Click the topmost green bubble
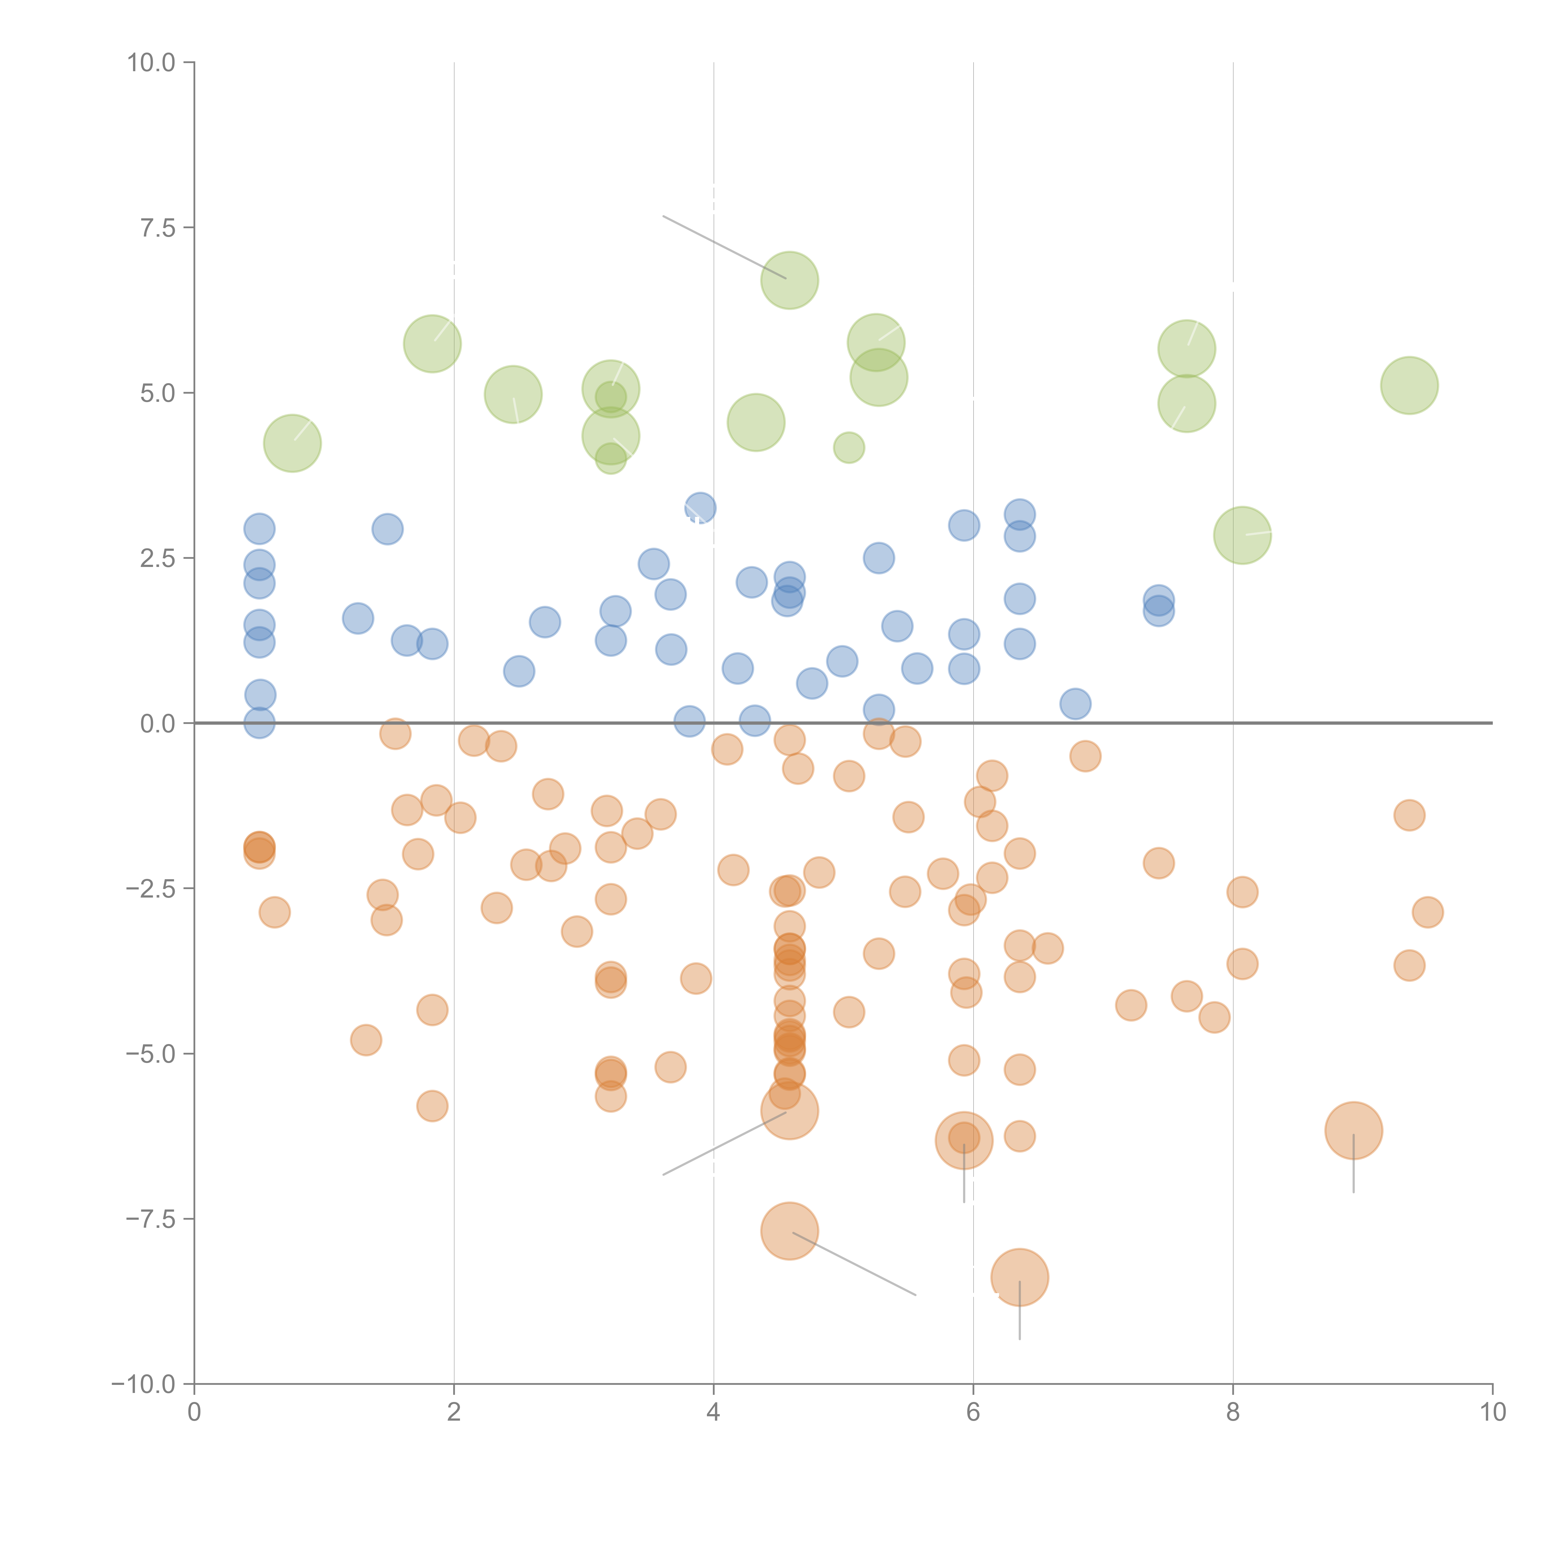pyautogui.click(x=790, y=280)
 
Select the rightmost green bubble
pyautogui.click(x=1409, y=386)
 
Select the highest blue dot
pyautogui.click(x=700, y=508)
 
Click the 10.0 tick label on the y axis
pyautogui.click(x=151, y=63)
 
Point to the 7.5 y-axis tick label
pyautogui.click(x=158, y=228)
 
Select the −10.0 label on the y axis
pyautogui.click(x=143, y=1384)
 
